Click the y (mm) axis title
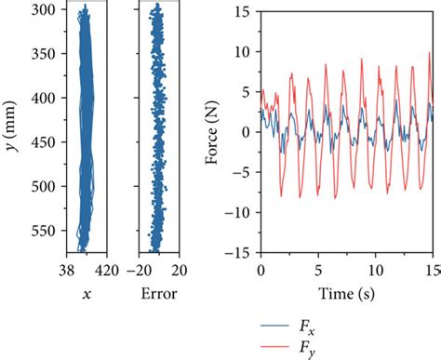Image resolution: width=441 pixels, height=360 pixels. pos(11,130)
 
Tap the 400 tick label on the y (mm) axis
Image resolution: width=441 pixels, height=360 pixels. pos(41,98)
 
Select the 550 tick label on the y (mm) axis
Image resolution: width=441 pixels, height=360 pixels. pos(41,230)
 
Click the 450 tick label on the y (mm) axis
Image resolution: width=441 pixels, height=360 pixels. pos(41,141)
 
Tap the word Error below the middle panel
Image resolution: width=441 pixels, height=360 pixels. pos(157,294)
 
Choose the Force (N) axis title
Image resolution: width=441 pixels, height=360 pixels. pos(217,131)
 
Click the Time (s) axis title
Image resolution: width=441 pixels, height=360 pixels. pos(346,294)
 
